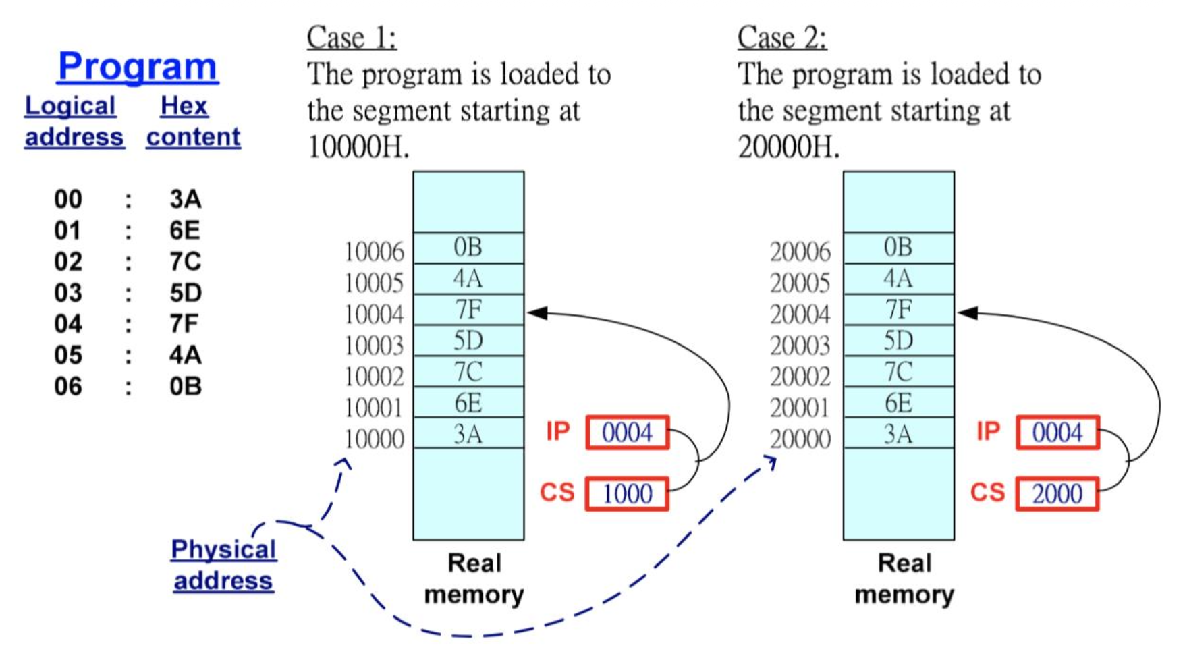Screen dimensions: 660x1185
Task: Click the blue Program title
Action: (x=138, y=66)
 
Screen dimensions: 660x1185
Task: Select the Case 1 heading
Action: (x=352, y=37)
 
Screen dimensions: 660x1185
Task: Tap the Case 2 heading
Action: (x=781, y=37)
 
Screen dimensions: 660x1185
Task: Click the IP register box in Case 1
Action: (x=627, y=433)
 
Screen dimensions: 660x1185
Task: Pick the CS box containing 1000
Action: (x=627, y=494)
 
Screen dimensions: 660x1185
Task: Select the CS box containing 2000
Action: (x=1057, y=494)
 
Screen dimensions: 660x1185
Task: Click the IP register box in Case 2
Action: (x=1057, y=433)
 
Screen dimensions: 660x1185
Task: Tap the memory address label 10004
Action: (x=374, y=314)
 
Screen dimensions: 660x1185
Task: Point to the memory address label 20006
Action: (x=800, y=252)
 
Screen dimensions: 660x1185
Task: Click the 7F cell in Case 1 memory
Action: (x=468, y=310)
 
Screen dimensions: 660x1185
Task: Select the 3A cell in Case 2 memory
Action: (x=898, y=434)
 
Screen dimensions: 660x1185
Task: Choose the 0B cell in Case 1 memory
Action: (x=468, y=248)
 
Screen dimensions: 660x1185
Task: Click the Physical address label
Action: (x=223, y=565)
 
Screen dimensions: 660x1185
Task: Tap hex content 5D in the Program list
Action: (x=186, y=293)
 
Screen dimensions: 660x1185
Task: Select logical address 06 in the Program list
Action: (x=68, y=387)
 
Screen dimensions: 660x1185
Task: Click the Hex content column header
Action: (x=193, y=121)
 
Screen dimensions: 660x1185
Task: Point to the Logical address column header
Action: (x=74, y=121)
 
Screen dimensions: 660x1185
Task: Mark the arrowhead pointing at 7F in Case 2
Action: (x=968, y=313)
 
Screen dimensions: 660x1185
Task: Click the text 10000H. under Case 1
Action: (x=358, y=146)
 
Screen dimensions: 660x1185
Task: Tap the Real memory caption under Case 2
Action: (x=904, y=579)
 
